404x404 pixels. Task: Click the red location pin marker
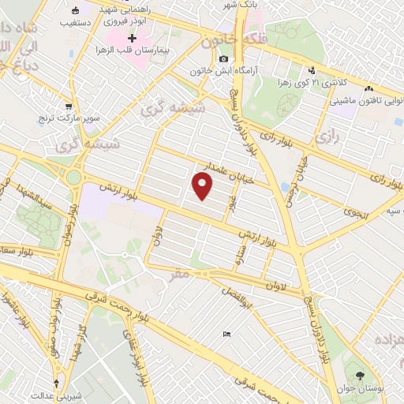[203, 186]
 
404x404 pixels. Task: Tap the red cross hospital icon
[132, 39]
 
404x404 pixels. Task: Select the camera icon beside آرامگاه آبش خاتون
[224, 59]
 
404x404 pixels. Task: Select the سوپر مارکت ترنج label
[69, 119]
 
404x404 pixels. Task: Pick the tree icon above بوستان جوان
[361, 376]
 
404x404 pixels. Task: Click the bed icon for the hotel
[227, 334]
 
